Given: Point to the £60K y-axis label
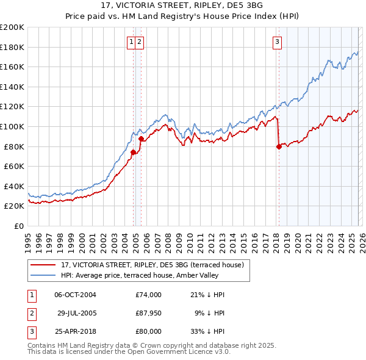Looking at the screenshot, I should [14, 166].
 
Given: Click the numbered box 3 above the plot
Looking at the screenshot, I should [277, 42].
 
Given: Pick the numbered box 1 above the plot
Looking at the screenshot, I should [132, 42].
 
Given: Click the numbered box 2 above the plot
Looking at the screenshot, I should [140, 42].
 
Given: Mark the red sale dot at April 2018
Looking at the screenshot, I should [279, 146].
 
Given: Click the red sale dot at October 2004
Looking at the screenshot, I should [133, 153].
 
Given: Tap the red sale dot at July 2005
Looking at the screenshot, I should [141, 139].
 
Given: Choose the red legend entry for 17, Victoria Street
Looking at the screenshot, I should [152, 265].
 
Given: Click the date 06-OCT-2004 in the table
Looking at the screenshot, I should [75, 295].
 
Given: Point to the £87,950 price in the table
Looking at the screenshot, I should [149, 313].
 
